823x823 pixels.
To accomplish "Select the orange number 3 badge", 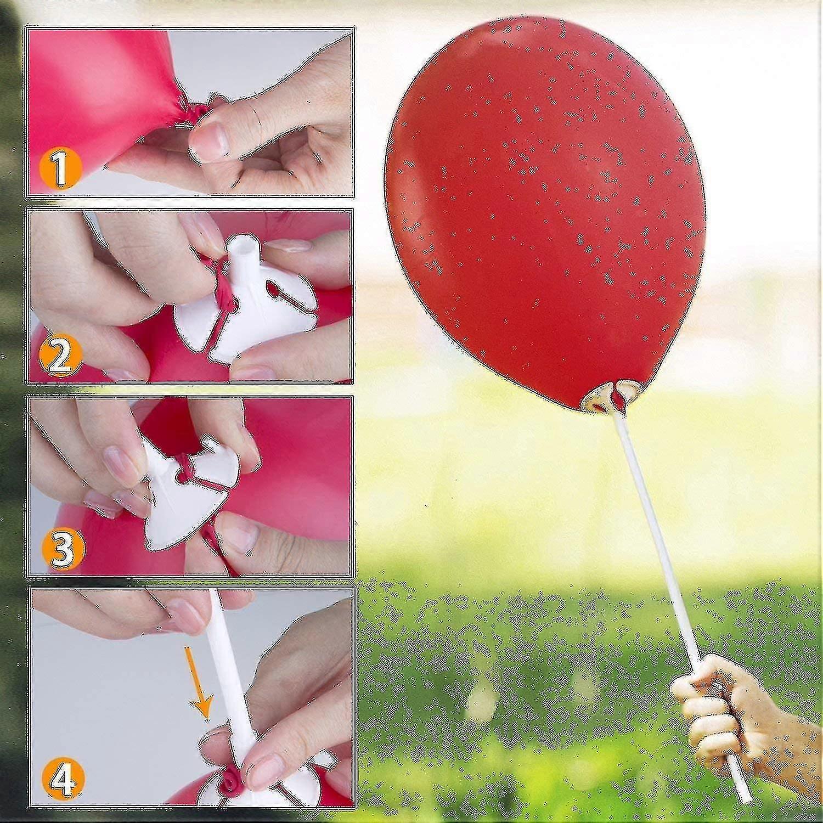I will coord(63,549).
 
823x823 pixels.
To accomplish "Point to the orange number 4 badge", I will coord(65,777).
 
